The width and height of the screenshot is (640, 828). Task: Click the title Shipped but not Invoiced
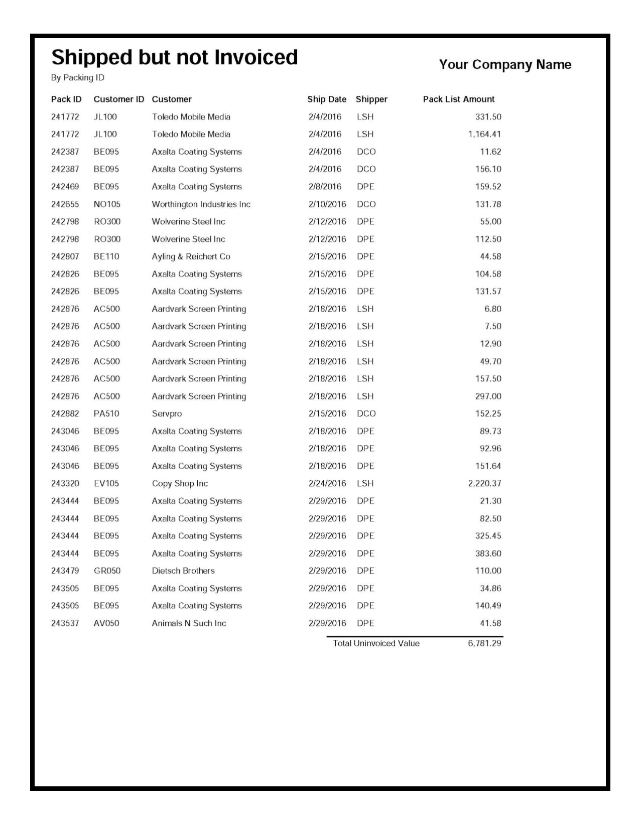click(175, 58)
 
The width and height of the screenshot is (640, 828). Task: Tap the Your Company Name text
click(505, 65)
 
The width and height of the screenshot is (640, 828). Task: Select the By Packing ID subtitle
click(78, 78)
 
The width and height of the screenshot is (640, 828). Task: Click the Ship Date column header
click(327, 99)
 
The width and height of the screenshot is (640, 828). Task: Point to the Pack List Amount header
click(458, 99)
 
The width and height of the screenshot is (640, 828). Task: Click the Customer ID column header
click(118, 99)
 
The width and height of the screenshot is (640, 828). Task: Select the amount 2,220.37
click(484, 484)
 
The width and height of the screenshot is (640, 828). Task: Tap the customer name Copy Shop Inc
click(180, 484)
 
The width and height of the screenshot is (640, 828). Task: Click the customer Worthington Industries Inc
click(201, 204)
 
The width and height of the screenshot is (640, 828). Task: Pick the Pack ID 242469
click(65, 187)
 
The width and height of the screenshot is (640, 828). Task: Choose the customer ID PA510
click(106, 414)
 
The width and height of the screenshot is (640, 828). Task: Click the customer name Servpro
click(167, 414)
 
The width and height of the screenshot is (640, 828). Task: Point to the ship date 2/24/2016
click(327, 484)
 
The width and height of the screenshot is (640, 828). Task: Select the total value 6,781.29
click(484, 643)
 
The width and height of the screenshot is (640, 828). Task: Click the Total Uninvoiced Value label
click(376, 643)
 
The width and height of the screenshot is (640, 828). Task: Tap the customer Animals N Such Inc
click(189, 623)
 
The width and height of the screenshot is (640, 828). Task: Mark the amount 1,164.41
click(484, 134)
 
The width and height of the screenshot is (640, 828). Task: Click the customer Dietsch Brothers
click(183, 571)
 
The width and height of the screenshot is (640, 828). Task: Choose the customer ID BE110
click(106, 256)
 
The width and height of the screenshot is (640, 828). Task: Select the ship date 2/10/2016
click(327, 204)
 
